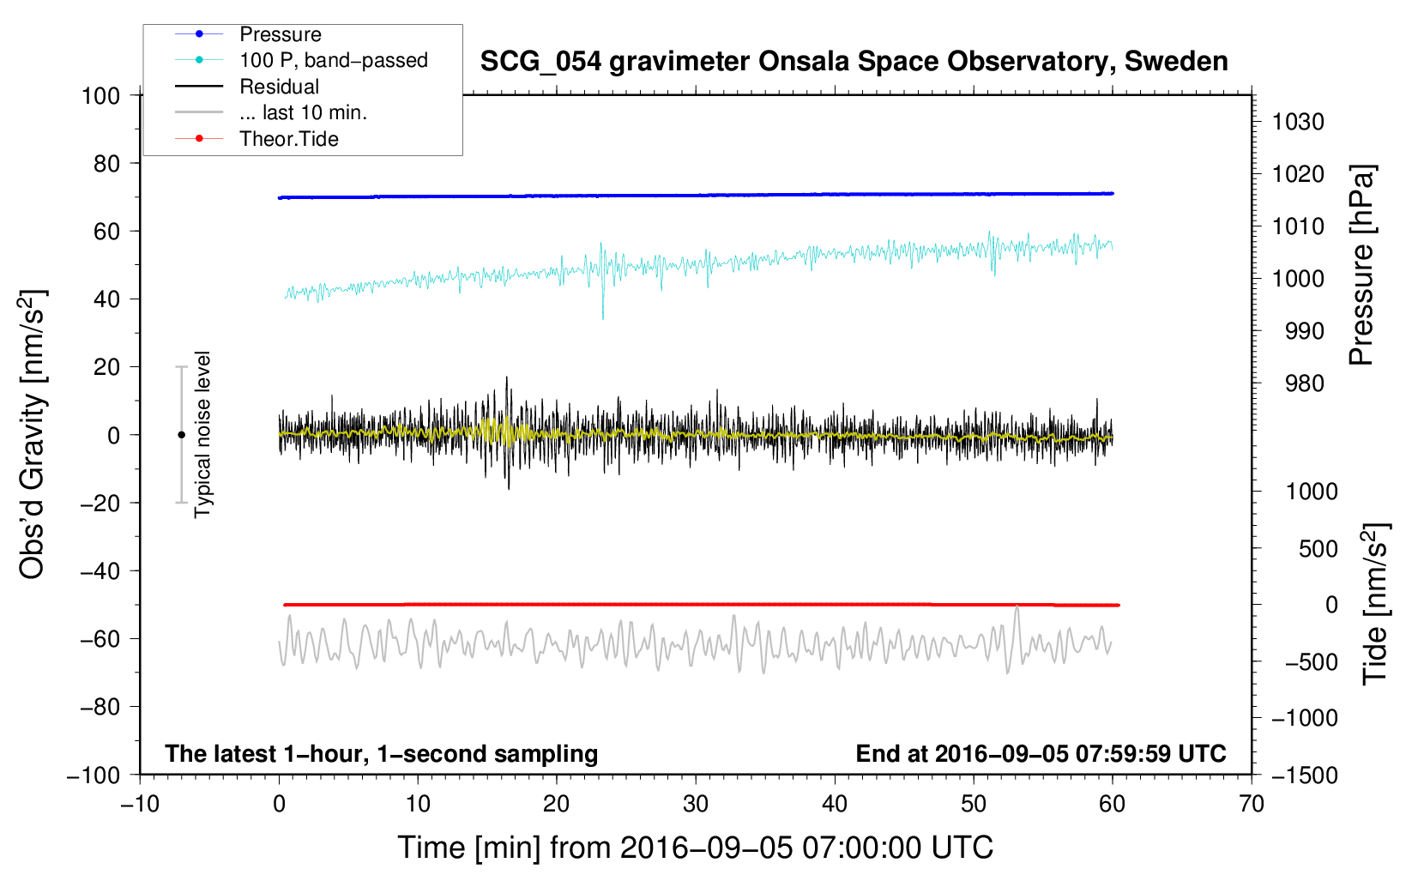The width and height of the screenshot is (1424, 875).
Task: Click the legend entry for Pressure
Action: pyautogui.click(x=280, y=34)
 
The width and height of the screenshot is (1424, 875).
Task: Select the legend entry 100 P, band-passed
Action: pyautogui.click(x=333, y=61)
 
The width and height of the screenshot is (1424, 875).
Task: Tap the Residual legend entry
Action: pyautogui.click(x=279, y=87)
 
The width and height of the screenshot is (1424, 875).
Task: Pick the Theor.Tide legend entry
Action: pyautogui.click(x=288, y=139)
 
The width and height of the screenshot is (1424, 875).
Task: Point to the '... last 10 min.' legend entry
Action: pyautogui.click(x=303, y=112)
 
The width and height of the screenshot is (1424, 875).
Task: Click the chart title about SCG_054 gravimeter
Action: pyautogui.click(x=854, y=62)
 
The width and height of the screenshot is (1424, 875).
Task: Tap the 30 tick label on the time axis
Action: pyautogui.click(x=696, y=805)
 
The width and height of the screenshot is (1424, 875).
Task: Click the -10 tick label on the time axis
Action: pyautogui.click(x=140, y=805)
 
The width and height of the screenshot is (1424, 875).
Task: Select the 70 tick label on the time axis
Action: pyautogui.click(x=1252, y=805)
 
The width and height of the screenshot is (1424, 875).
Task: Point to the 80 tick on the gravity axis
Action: pyautogui.click(x=106, y=163)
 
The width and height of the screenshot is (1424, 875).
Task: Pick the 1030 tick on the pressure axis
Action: pyautogui.click(x=1298, y=122)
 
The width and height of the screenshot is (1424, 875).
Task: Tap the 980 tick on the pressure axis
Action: pyautogui.click(x=1304, y=383)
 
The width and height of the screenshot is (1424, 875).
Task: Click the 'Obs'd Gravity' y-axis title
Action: pyautogui.click(x=33, y=434)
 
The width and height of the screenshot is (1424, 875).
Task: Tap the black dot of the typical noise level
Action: pyautogui.click(x=181, y=435)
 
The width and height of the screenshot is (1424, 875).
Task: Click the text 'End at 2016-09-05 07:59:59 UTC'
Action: pyautogui.click(x=1041, y=753)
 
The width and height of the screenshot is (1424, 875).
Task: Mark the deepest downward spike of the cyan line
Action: pyautogui.click(x=602, y=317)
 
